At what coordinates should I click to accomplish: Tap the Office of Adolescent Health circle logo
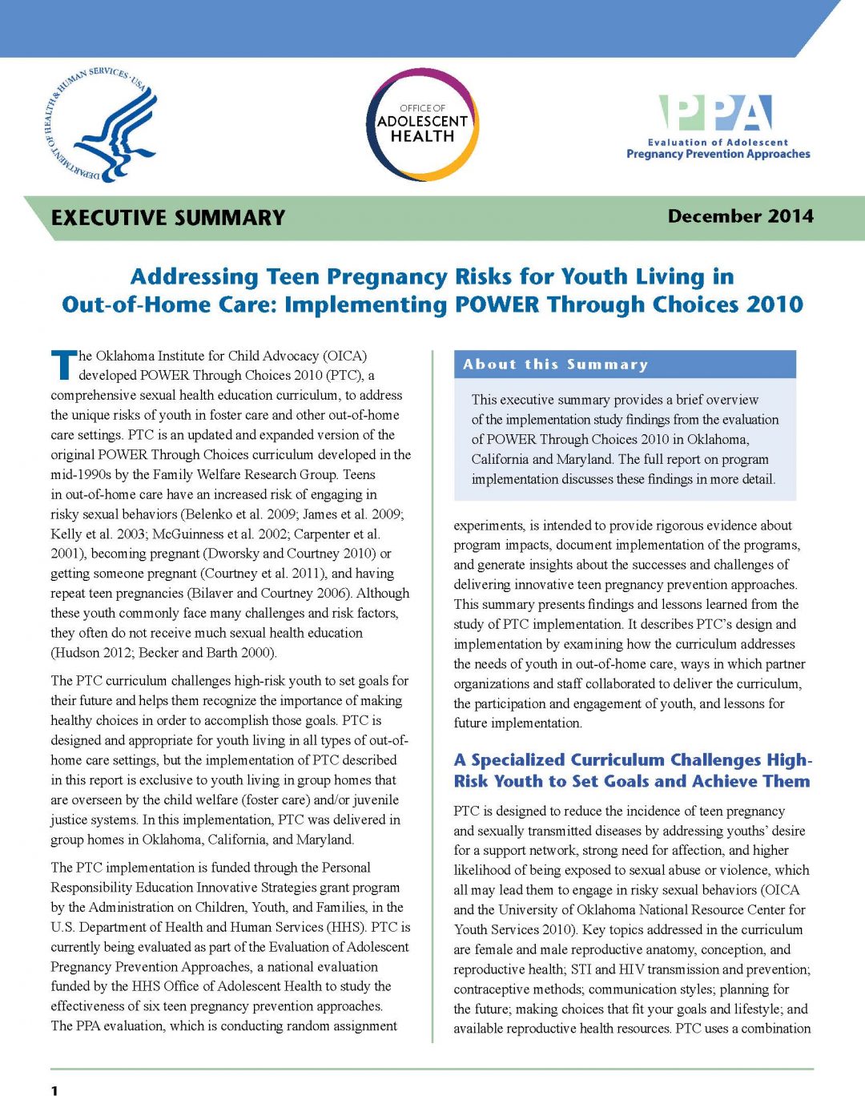[x=422, y=124]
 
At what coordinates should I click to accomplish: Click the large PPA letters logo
[x=715, y=113]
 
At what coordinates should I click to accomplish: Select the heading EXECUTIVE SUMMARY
[x=168, y=218]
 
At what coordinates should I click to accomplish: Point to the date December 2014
[x=740, y=216]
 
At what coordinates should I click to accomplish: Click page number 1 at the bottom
[x=54, y=1090]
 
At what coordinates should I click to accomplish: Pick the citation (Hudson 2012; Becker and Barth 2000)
[x=164, y=652]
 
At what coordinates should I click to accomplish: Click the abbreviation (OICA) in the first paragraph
[x=344, y=356]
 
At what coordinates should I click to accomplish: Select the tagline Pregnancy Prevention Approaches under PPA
[x=718, y=154]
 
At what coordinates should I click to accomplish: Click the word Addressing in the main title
[x=195, y=276]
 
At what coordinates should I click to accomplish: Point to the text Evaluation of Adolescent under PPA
[x=718, y=142]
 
